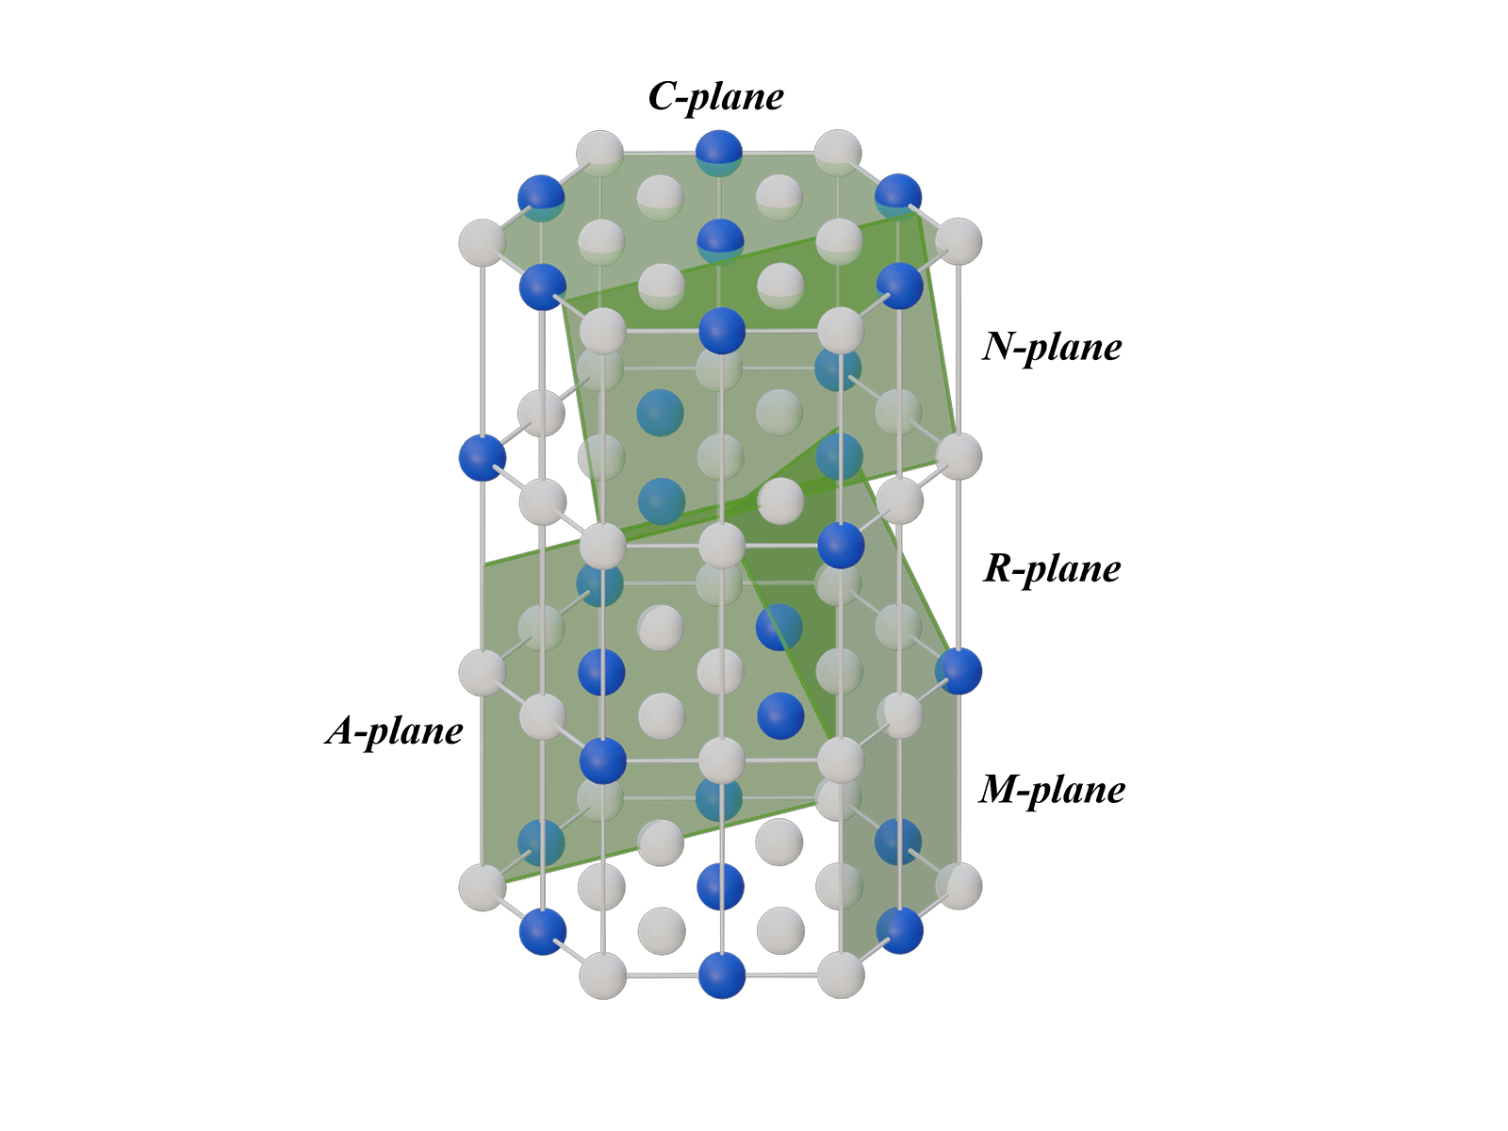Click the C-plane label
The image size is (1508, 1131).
[715, 97]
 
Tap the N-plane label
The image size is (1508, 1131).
[1052, 348]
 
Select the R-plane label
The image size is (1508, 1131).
[1052, 569]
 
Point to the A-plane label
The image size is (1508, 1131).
[394, 730]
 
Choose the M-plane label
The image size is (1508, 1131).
[1052, 790]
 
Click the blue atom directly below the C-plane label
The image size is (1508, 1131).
[719, 153]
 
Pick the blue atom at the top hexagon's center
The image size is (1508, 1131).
[720, 241]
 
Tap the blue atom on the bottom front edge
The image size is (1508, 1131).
[721, 975]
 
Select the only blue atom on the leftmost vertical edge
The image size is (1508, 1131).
[483, 457]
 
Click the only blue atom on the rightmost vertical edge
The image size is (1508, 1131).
[959, 671]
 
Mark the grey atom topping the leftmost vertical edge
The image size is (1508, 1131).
[483, 242]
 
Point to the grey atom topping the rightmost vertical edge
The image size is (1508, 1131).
[959, 241]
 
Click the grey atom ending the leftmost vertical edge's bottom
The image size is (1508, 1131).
[483, 887]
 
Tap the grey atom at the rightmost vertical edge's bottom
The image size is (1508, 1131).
[959, 886]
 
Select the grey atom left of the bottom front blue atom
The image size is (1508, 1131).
[602, 975]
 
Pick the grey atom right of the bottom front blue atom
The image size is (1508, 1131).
[840, 975]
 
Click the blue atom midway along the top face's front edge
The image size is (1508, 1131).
[721, 331]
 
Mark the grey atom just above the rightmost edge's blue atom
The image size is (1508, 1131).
[959, 456]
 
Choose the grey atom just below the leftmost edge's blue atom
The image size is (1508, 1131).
[483, 672]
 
